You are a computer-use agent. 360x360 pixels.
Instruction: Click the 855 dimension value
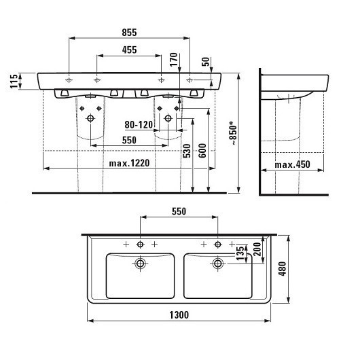(129, 32)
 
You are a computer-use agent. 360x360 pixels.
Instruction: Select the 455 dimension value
(129, 50)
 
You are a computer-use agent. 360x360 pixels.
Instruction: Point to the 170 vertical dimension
(175, 59)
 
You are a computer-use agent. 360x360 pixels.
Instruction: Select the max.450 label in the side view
(293, 164)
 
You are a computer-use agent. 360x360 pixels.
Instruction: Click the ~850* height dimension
(234, 135)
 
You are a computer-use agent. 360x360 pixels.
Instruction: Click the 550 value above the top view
(178, 211)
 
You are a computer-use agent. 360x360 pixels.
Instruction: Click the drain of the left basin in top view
(140, 263)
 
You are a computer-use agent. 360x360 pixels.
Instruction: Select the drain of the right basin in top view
(217, 263)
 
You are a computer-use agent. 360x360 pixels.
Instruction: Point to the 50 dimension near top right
(206, 61)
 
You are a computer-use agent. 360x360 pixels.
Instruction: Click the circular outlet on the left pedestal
(90, 117)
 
